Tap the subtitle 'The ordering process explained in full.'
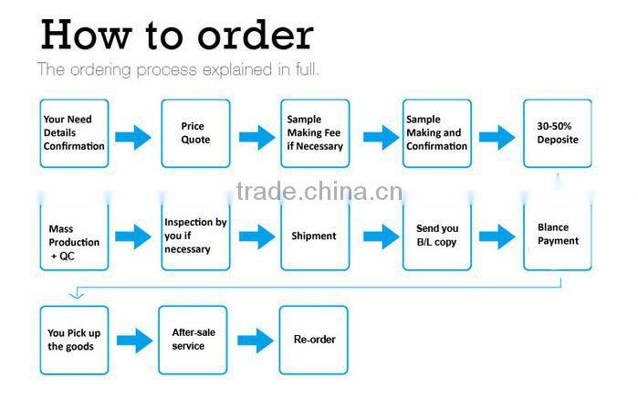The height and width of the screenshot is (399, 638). pyautogui.click(x=178, y=68)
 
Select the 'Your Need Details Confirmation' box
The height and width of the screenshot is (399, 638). pyautogui.click(x=74, y=133)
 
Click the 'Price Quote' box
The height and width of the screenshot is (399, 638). pyautogui.click(x=195, y=133)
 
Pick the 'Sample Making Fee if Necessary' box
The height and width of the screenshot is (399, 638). pyautogui.click(x=315, y=133)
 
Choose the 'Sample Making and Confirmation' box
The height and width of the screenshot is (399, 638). pyautogui.click(x=436, y=133)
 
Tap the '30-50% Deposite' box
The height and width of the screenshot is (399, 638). pyautogui.click(x=557, y=133)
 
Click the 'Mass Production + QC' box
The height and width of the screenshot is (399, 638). pyautogui.click(x=74, y=236)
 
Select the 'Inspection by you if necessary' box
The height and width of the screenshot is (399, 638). pyautogui.click(x=195, y=236)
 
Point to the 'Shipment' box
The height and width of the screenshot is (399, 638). pyautogui.click(x=315, y=236)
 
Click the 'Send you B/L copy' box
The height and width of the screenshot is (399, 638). pyautogui.click(x=436, y=236)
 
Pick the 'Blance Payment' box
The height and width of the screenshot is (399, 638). pyautogui.click(x=557, y=236)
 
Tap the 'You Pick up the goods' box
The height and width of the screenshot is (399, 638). pyautogui.click(x=74, y=340)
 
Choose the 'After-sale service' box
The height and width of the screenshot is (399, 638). pyautogui.click(x=193, y=340)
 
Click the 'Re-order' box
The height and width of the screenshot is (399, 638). pyautogui.click(x=313, y=340)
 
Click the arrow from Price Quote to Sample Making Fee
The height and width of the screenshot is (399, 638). pyautogui.click(x=256, y=138)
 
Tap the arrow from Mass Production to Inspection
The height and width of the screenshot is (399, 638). pyautogui.click(x=133, y=237)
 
